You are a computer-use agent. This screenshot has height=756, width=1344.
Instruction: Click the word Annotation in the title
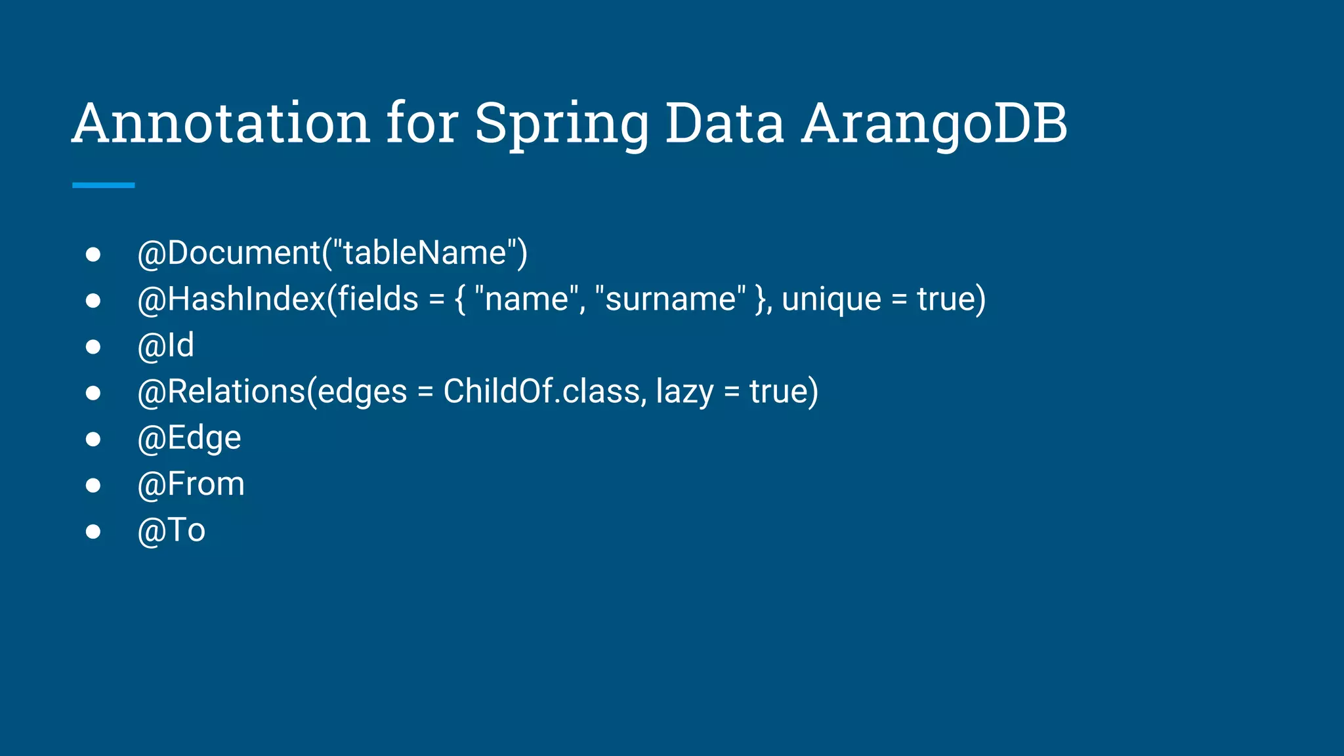(221, 123)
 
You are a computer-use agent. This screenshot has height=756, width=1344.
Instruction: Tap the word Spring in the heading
(561, 125)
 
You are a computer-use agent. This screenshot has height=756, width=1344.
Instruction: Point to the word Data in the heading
(724, 123)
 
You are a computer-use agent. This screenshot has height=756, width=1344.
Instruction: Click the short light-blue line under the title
(103, 186)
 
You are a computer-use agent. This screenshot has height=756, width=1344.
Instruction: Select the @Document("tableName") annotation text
(332, 253)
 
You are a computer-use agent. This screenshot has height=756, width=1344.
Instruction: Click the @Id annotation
(165, 346)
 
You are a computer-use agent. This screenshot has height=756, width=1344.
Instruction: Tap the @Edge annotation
(189, 438)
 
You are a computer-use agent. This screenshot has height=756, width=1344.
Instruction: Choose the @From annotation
(191, 484)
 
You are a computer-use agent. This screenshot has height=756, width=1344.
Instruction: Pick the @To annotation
(171, 530)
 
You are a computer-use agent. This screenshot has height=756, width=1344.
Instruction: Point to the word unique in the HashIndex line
(831, 300)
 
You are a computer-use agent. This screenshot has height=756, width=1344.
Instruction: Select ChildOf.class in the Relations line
(541, 392)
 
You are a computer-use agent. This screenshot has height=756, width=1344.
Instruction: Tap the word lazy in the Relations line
(684, 392)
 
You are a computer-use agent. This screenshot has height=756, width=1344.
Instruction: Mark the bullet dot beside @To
(93, 531)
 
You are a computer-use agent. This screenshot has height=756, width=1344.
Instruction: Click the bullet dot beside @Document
(93, 254)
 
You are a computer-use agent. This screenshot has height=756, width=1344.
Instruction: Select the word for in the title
(422, 123)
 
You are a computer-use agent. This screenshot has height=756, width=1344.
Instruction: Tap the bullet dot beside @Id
(93, 346)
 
